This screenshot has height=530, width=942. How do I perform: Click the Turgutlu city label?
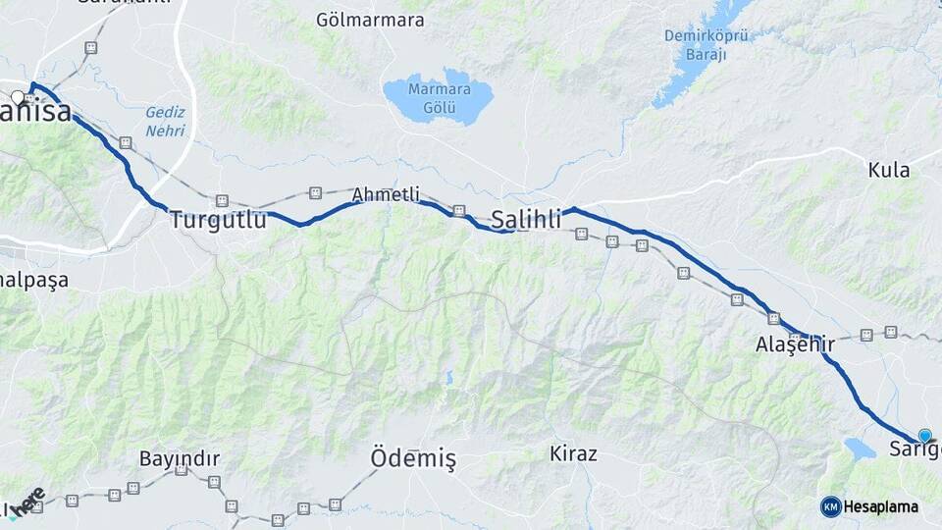tap(217, 220)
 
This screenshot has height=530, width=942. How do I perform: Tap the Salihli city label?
tap(526, 219)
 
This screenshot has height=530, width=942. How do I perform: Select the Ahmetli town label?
tap(386, 194)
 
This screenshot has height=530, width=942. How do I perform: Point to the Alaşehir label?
tap(795, 344)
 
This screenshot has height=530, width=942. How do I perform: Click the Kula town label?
tap(889, 170)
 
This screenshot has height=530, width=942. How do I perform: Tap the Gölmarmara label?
tap(370, 20)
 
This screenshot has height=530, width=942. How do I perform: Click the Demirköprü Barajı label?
tap(706, 45)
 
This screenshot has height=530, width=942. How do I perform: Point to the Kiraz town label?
tap(573, 453)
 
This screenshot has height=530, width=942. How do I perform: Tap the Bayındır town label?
tap(179, 458)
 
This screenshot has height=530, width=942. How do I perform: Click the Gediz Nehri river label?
tap(165, 122)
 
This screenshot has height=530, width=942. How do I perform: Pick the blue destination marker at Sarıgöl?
tap(924, 436)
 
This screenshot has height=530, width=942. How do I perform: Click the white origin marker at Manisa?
tap(18, 97)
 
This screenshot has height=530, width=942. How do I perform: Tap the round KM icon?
tap(830, 506)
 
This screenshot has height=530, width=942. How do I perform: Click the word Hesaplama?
tap(881, 506)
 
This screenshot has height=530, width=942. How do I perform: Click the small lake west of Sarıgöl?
tap(860, 449)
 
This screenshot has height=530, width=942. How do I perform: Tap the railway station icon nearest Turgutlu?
tap(223, 201)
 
